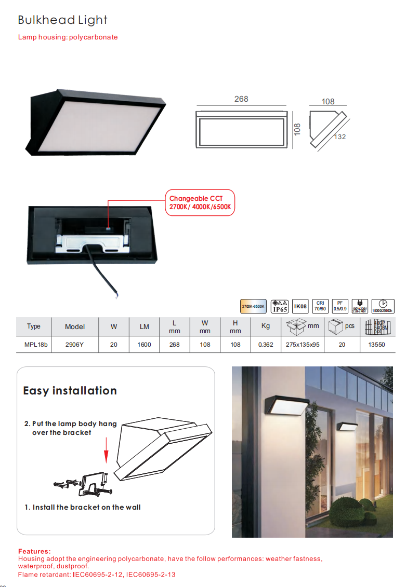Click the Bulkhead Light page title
coord(62,20)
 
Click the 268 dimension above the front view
coord(241,99)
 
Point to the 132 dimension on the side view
coord(340,136)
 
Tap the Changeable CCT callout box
coord(201,203)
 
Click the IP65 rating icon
coord(280,306)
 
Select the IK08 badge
coord(300,306)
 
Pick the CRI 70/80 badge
coord(320,306)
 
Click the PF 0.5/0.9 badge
coord(340,306)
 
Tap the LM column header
coord(145,326)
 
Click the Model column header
coord(75,326)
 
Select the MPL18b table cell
coord(34,345)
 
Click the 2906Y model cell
coord(75,345)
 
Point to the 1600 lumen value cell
coord(145,345)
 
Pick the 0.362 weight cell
coord(266,345)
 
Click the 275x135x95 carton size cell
coord(303,345)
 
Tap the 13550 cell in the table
coord(376,345)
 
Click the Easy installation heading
coord(70,391)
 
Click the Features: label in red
coord(34,551)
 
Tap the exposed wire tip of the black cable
coord(116,296)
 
